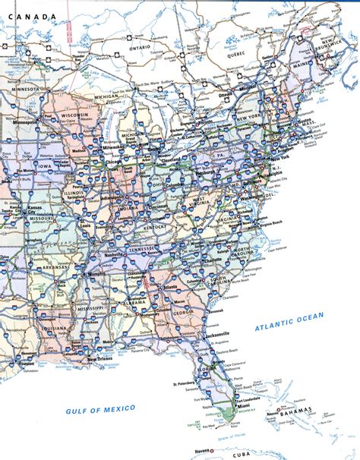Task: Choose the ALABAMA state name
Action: (x=137, y=300)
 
